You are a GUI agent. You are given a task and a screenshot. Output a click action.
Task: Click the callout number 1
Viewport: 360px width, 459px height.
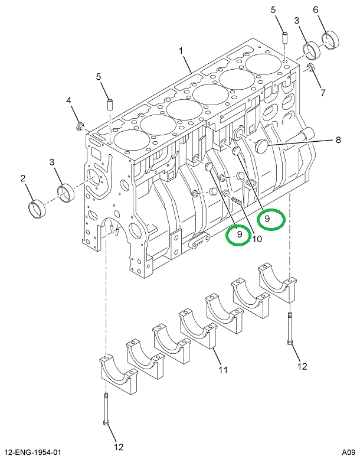point(182,51)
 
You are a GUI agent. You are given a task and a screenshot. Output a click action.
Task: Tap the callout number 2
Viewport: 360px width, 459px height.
point(23,178)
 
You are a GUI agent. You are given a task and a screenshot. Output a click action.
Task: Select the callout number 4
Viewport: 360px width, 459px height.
point(69,101)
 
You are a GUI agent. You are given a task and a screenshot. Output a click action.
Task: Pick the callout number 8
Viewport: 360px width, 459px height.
point(338,140)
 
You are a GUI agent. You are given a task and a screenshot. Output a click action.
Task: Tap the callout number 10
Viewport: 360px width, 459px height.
point(257,239)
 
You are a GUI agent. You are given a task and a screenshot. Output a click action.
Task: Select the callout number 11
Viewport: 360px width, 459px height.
point(222,370)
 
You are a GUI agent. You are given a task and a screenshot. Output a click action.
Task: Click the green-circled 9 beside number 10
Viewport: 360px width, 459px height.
point(239,235)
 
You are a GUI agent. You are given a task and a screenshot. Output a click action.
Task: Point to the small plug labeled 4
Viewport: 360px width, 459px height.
point(81,126)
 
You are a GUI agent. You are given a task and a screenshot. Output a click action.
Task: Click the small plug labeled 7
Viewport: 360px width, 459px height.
point(310,70)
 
